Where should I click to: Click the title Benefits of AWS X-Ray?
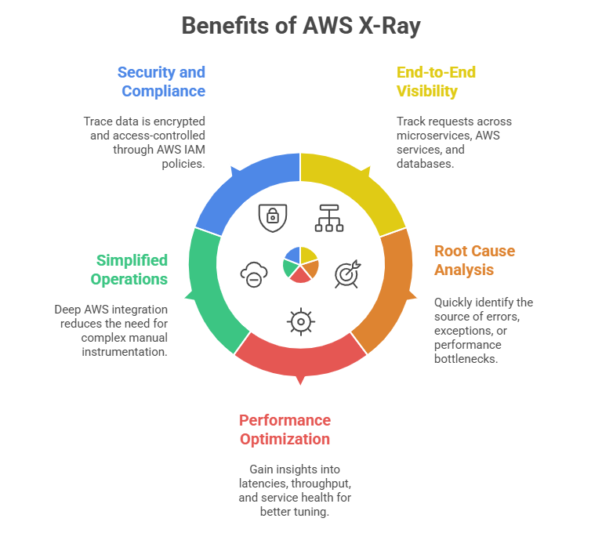tap(301, 26)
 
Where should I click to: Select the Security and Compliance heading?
tap(161, 82)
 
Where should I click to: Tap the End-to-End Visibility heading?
tap(436, 82)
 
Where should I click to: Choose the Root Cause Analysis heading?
tap(474, 260)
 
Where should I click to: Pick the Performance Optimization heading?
tap(285, 429)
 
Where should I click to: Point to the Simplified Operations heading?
tap(129, 270)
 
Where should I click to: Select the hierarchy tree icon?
tap(328, 218)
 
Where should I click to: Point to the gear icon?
tap(301, 321)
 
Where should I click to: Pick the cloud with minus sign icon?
tap(253, 274)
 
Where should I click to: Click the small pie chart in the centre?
tap(301, 263)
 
